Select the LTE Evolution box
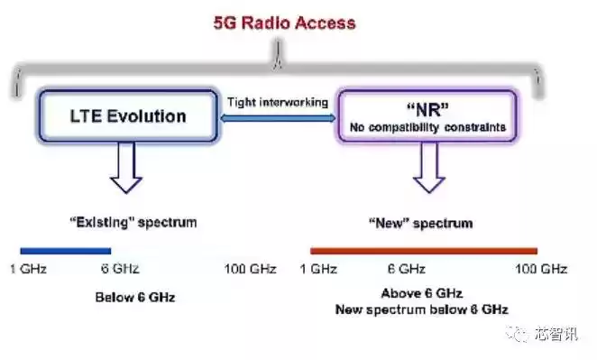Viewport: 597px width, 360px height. point(127,115)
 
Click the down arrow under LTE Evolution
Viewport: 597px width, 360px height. point(127,170)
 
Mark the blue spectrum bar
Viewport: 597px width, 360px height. point(65,251)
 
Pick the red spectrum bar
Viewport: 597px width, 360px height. point(423,251)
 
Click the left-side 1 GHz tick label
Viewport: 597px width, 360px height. point(28,269)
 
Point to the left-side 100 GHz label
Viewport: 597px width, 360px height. point(250,269)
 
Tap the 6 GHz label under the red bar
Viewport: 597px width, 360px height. point(406,269)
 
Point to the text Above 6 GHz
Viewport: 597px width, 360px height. point(421,293)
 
